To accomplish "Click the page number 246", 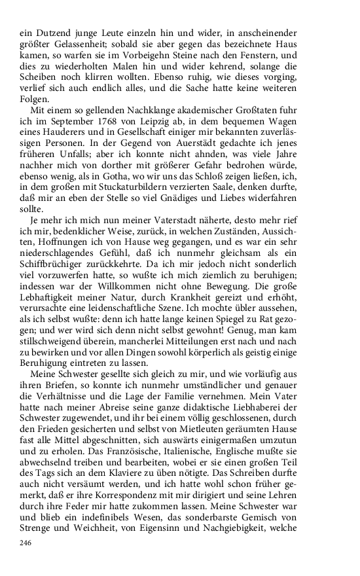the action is tap(26, 543).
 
